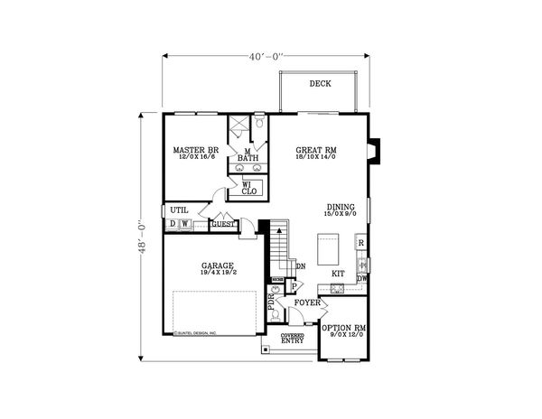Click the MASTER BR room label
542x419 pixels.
(x=196, y=149)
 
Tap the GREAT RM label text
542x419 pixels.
(x=316, y=149)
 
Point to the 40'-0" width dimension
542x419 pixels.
(x=267, y=55)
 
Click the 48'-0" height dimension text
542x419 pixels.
(x=138, y=237)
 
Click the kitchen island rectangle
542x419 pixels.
(x=327, y=246)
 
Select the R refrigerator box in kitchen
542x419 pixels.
(x=360, y=243)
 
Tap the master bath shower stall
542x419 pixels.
(x=238, y=126)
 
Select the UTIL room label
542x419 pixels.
(x=179, y=209)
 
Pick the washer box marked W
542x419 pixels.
(x=183, y=224)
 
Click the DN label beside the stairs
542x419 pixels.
(x=300, y=265)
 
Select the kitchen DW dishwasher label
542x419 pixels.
(x=361, y=279)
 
